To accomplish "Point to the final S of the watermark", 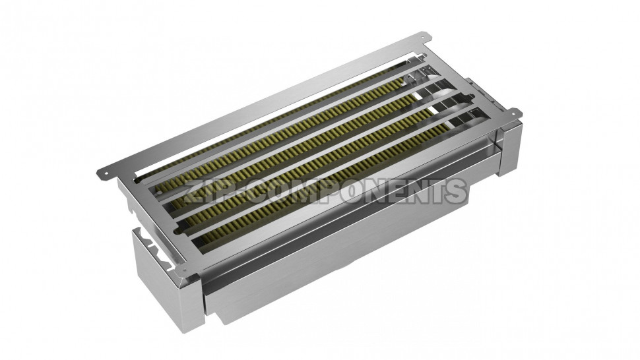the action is [455, 191].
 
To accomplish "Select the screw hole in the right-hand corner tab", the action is [515, 111].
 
